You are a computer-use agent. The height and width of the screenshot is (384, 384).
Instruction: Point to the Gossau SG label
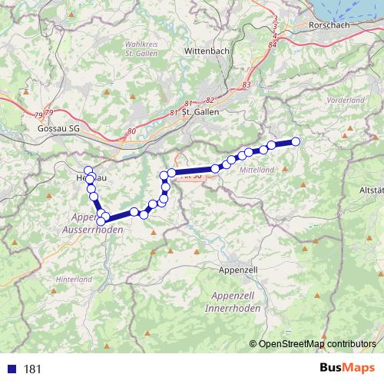(58, 128)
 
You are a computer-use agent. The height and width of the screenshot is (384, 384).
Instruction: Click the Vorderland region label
(346, 101)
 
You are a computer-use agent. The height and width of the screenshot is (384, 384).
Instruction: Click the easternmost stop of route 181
(295, 141)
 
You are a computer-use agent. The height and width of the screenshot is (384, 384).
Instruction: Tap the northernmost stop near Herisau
(88, 170)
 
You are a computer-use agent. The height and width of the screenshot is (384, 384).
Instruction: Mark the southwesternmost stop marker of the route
(101, 221)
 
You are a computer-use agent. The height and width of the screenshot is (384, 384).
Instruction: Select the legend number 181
(32, 369)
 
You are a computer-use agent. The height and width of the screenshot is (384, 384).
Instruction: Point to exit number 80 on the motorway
(131, 131)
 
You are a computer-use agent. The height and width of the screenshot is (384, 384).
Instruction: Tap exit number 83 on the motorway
(246, 84)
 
